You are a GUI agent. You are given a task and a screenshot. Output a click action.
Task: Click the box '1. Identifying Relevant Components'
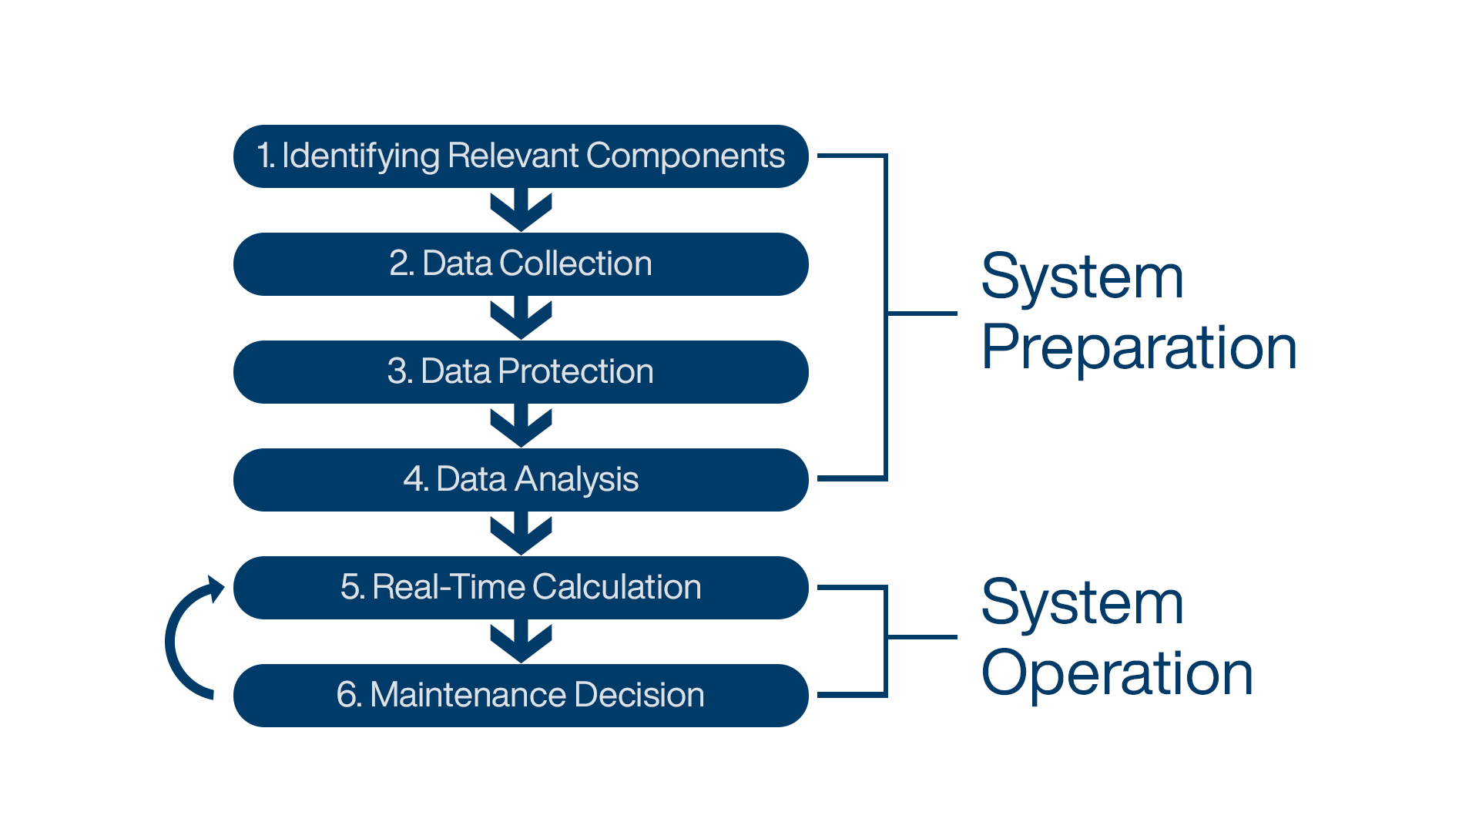coord(521,156)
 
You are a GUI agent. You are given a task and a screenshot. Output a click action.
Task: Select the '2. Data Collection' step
coord(521,264)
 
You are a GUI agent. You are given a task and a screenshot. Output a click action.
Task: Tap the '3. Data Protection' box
coord(521,372)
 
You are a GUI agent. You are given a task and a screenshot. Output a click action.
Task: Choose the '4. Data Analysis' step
coord(521,480)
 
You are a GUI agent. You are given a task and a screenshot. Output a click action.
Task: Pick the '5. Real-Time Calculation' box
coord(521,588)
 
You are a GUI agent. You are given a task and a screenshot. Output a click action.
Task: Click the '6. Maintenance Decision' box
coord(521,696)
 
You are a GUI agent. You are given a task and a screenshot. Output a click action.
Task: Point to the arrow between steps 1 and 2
coord(522,210)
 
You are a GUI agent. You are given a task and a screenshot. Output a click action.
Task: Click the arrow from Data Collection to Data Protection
coord(522,318)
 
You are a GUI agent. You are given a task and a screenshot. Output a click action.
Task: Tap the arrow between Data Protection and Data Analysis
coord(522,426)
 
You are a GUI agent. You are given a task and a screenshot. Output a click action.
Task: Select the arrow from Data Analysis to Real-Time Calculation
coord(522,534)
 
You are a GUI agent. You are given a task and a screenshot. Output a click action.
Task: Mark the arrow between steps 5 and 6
coord(522,642)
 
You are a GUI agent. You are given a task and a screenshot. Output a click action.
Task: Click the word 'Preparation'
coord(1139,348)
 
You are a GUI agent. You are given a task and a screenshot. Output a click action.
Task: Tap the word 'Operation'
coord(1118,673)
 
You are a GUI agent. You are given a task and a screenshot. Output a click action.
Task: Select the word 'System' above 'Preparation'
coord(1082,277)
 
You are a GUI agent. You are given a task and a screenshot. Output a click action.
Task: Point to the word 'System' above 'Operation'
coord(1082,603)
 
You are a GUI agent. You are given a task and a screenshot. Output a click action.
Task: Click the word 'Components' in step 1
coord(686,156)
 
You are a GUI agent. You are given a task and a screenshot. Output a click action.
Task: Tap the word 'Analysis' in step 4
coord(577,481)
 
